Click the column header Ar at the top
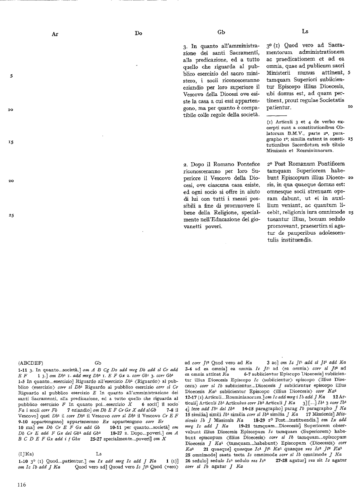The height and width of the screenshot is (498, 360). pyautogui.click(x=55, y=34)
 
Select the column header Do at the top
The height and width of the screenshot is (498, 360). pyautogui.click(x=138, y=34)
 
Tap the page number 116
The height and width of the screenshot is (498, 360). pyautogui.click(x=21, y=485)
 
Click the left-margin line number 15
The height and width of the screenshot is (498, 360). pyautogui.click(x=11, y=142)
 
